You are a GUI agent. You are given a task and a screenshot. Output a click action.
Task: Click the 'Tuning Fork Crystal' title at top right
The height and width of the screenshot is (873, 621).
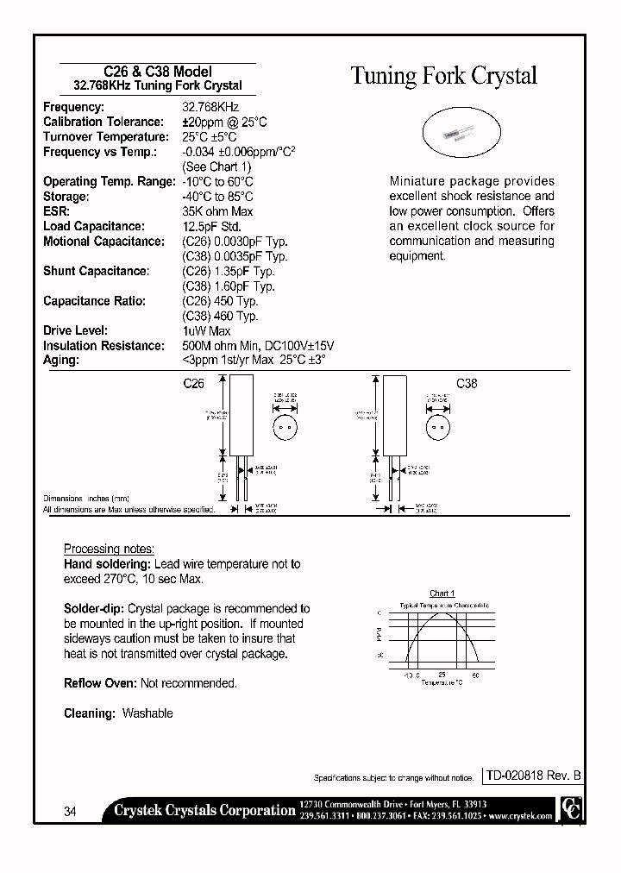(x=443, y=76)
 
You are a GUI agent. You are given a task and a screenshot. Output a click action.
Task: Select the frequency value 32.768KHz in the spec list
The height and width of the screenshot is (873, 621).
(x=210, y=107)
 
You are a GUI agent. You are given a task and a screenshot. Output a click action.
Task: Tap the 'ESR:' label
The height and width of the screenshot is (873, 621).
(x=56, y=211)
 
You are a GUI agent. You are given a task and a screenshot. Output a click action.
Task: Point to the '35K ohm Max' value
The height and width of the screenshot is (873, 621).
(x=217, y=211)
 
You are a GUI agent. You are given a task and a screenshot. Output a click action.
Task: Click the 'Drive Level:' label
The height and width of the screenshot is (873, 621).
(x=75, y=330)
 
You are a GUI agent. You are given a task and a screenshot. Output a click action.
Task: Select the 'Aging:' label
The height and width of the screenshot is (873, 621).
(x=60, y=360)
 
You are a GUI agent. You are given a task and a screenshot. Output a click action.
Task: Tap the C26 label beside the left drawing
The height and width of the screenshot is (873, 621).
(x=194, y=384)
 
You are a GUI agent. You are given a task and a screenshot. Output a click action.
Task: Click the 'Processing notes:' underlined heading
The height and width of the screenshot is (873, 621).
(x=110, y=550)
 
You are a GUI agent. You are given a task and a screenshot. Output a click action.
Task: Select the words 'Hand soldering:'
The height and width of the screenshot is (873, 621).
(x=102, y=564)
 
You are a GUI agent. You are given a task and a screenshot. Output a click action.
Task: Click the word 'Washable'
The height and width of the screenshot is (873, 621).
(x=147, y=713)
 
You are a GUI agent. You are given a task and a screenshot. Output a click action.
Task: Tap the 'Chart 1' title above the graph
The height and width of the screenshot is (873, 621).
(x=441, y=594)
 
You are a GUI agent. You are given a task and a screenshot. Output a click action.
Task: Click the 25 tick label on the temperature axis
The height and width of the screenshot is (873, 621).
(x=442, y=675)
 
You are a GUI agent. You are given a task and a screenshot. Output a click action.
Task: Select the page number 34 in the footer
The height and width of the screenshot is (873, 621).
(x=71, y=812)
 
